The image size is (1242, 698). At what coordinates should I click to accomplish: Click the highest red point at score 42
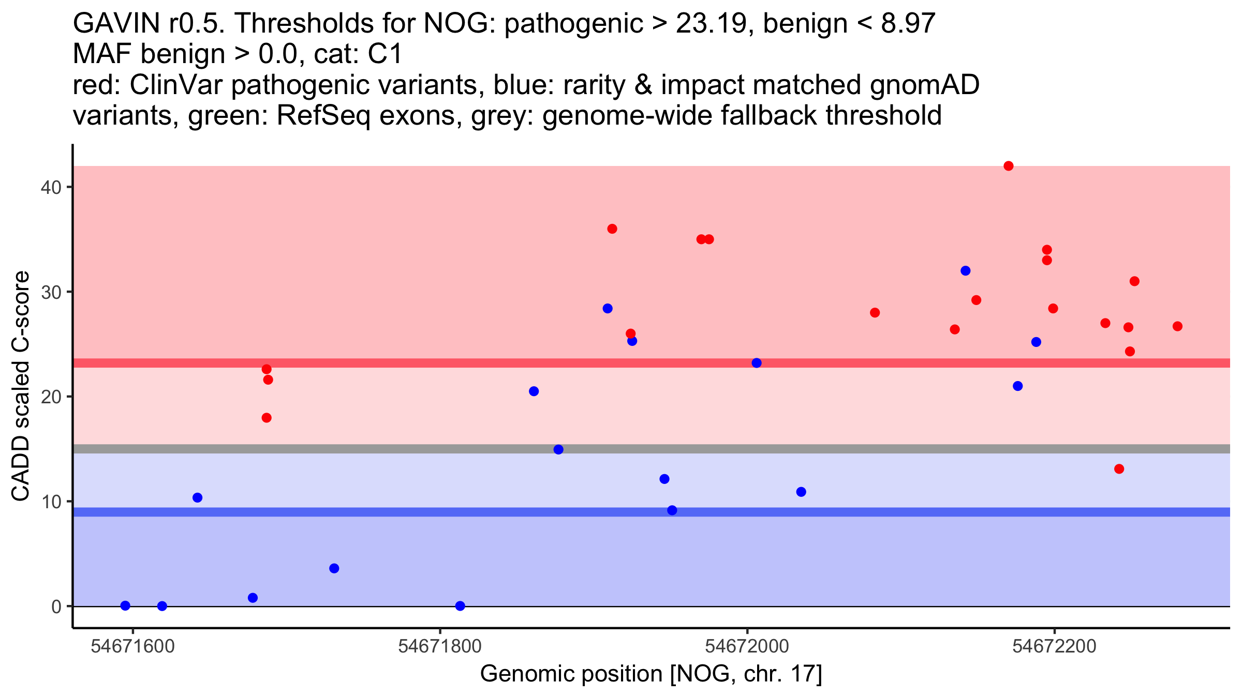(1008, 166)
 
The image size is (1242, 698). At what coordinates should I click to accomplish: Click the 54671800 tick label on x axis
(439, 646)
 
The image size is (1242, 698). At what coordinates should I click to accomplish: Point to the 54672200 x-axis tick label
(1054, 646)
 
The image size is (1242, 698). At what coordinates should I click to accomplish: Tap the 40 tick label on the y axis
(51, 187)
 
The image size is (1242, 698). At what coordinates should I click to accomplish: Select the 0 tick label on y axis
(56, 606)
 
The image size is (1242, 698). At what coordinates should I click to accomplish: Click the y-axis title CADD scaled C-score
(21, 387)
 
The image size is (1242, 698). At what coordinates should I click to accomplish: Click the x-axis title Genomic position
(650, 674)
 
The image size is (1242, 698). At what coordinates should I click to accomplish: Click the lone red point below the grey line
(1119, 469)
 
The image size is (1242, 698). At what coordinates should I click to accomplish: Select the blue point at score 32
(965, 271)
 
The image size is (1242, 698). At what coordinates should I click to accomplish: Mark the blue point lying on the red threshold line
(756, 363)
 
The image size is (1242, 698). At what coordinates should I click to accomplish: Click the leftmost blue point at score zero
(125, 605)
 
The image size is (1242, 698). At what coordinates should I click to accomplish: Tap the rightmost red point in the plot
(1177, 326)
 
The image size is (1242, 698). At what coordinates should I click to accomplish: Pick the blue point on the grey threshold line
(558, 449)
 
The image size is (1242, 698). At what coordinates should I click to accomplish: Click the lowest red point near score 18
(267, 418)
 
